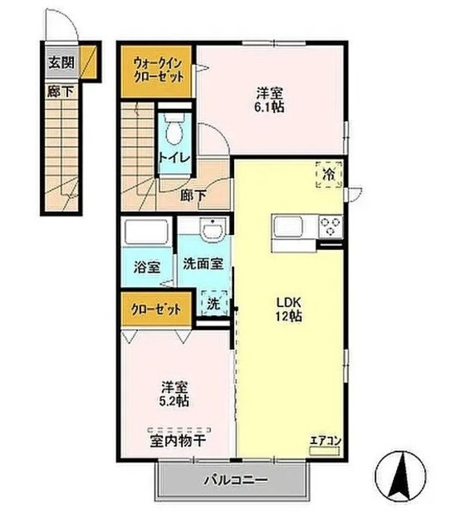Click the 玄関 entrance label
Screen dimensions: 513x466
pyautogui.click(x=61, y=61)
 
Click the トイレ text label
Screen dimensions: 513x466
pyautogui.click(x=174, y=158)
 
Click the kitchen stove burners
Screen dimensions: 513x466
pyautogui.click(x=330, y=226)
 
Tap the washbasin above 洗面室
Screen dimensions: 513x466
pyautogui.click(x=212, y=232)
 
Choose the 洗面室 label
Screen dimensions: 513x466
pyautogui.click(x=202, y=264)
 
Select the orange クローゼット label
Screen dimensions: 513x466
pyautogui.click(x=156, y=309)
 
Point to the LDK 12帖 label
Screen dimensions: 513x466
pyautogui.click(x=289, y=309)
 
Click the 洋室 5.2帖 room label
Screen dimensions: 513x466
pyautogui.click(x=171, y=393)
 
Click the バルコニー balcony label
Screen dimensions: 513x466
pyautogui.click(x=233, y=482)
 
